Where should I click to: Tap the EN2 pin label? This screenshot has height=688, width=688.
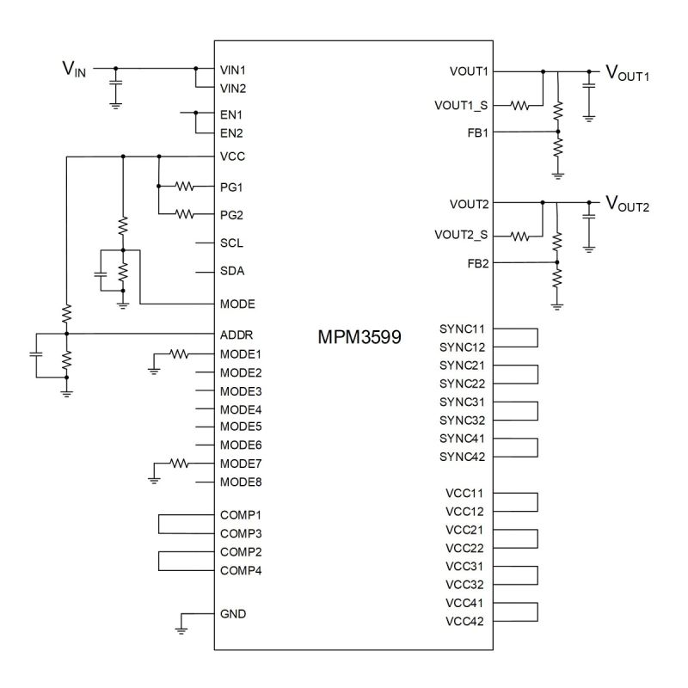click(x=232, y=133)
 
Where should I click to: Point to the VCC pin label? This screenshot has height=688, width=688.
click(x=233, y=157)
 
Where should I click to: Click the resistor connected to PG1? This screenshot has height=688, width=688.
click(x=184, y=186)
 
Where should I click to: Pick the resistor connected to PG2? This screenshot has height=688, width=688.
click(x=184, y=213)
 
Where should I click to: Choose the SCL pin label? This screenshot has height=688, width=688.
click(x=232, y=243)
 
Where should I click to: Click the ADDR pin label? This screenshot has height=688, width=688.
click(x=236, y=335)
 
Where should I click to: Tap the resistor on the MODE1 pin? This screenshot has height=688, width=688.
click(x=178, y=353)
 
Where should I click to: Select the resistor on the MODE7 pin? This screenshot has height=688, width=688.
click(x=178, y=463)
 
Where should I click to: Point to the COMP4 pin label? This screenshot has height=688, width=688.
click(x=241, y=570)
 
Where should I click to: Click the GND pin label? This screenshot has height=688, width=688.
click(x=233, y=614)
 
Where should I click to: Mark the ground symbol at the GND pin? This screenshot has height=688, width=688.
click(x=181, y=630)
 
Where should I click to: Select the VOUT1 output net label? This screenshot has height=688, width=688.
click(x=627, y=74)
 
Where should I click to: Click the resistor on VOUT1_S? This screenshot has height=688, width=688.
click(x=520, y=106)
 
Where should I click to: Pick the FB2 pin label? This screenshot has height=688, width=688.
click(x=476, y=263)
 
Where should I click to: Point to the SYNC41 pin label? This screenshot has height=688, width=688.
click(x=462, y=439)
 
